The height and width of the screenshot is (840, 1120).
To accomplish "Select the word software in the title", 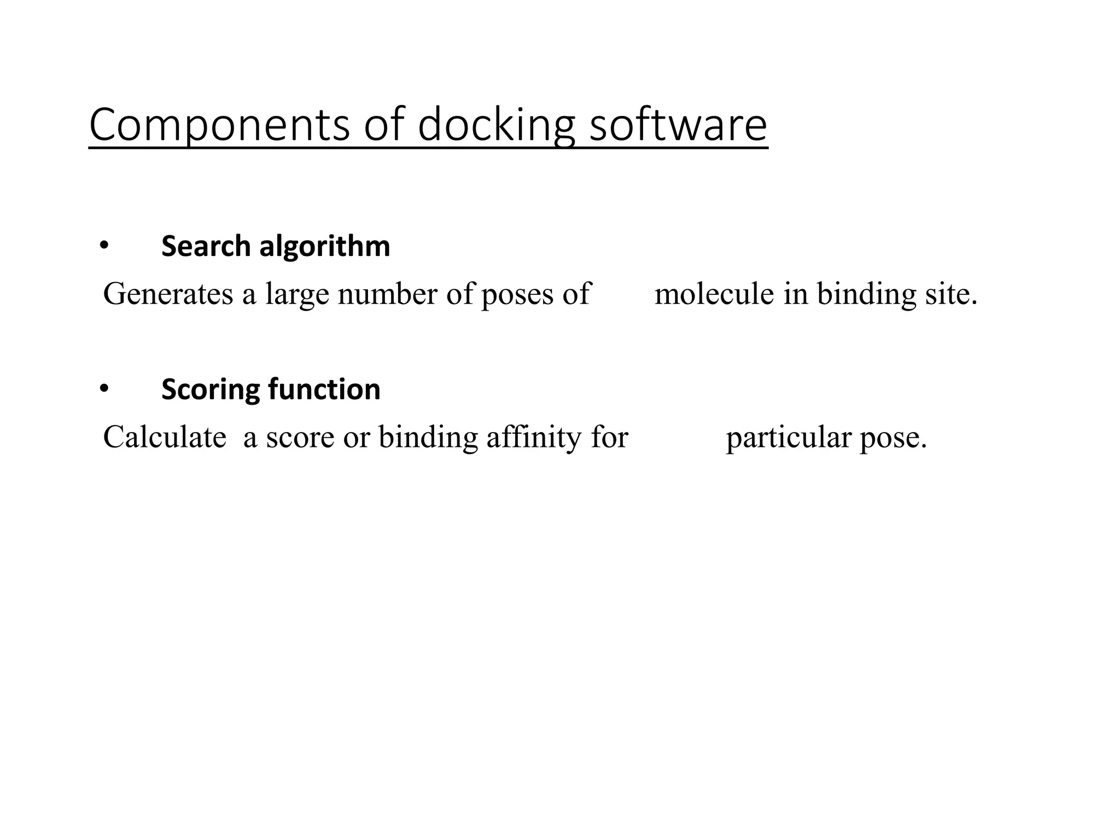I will click(678, 126).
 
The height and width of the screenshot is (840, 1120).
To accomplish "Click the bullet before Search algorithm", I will click(104, 246).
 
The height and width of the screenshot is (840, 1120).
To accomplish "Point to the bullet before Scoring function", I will click(104, 389).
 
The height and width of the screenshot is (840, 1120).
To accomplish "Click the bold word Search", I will click(206, 246).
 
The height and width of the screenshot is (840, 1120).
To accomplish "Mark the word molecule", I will click(714, 294).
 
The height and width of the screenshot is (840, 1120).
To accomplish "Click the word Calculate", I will click(165, 437).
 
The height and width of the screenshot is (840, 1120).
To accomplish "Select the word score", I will click(300, 438).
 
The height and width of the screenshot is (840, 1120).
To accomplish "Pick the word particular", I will click(788, 438).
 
